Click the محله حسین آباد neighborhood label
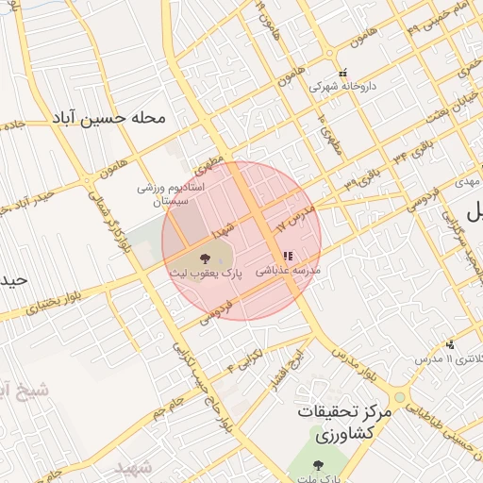(109, 119)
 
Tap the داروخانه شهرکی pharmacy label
(345, 85)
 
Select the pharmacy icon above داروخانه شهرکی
(344, 71)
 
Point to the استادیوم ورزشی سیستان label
(178, 193)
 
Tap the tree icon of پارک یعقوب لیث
(205, 256)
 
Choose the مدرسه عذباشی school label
(288, 270)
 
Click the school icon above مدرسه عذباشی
(287, 256)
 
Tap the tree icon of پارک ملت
(319, 464)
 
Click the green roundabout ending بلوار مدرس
(400, 398)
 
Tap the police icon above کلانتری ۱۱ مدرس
(451, 343)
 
